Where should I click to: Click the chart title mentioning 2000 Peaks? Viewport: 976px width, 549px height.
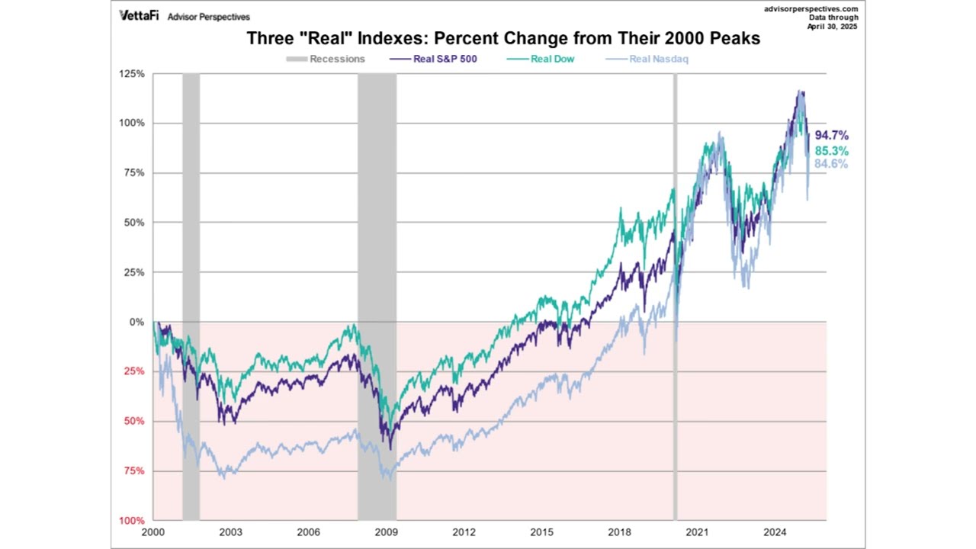503,38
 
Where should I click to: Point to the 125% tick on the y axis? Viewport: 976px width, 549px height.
132,74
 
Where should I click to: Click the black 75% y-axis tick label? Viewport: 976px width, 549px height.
134,173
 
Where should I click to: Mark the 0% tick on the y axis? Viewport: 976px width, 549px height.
136,322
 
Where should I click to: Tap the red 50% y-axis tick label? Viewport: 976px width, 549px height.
134,422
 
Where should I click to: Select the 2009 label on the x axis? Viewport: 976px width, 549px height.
387,531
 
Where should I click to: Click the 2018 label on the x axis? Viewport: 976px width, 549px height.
620,531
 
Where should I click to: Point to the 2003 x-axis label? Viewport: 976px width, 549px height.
230,531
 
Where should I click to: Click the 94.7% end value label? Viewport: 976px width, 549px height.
831,136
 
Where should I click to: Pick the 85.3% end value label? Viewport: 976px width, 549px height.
831,151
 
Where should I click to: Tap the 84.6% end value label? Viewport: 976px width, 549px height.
831,164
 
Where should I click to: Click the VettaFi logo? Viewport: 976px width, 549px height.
139,15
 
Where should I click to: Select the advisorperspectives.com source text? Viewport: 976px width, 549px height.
811,9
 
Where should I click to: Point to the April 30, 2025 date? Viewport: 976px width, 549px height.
833,27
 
